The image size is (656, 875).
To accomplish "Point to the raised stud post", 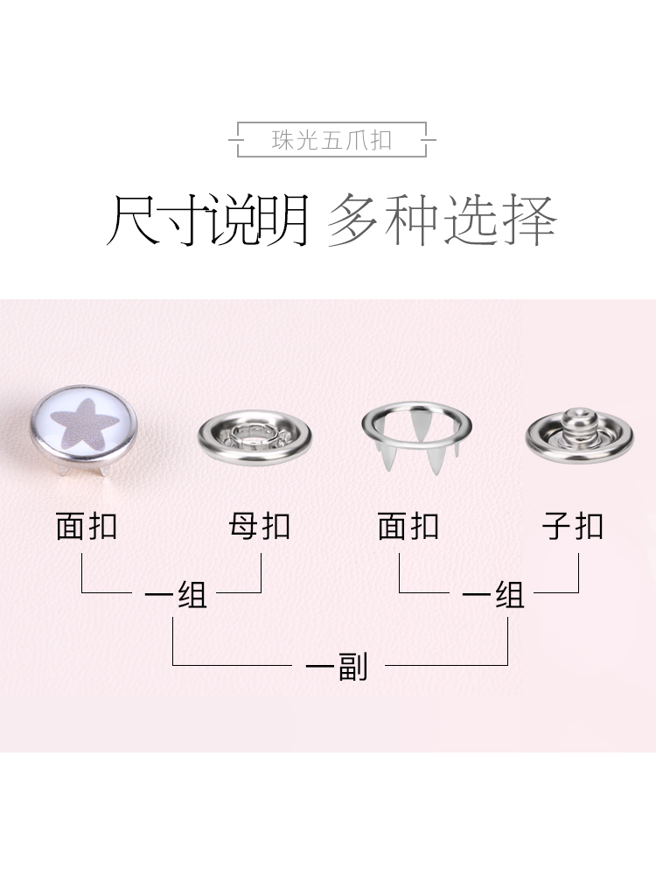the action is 578,418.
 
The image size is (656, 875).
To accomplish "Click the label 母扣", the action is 259,527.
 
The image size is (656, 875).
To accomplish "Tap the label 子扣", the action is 573,527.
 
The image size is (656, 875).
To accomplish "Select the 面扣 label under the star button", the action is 86,527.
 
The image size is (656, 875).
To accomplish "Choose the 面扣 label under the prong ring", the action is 408,527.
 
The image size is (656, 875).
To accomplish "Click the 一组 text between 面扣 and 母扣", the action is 175,595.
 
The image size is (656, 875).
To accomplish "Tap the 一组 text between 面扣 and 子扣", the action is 493,595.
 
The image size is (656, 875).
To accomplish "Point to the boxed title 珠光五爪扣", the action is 332,140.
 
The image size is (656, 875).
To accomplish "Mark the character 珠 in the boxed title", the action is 282,140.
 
